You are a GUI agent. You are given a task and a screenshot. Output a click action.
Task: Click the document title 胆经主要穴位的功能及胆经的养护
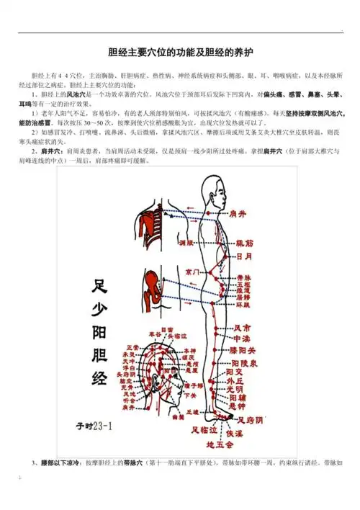coord(180,53)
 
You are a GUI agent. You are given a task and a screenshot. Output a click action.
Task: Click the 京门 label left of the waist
coord(192,272)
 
